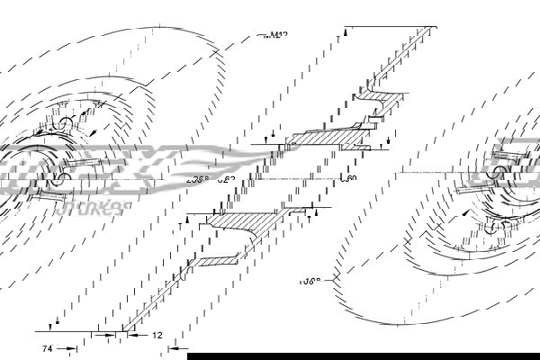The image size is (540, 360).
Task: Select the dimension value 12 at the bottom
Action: pos(156,335)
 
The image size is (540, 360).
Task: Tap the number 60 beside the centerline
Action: pos(351,179)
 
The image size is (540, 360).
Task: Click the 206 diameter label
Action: pos(197,179)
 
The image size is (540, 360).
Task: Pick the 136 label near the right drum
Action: pos(310,280)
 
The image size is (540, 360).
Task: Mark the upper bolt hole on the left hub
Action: pos(66,123)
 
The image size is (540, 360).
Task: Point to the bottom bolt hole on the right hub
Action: pos(490,229)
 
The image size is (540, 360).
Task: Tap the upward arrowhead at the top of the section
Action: pos(345,32)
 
